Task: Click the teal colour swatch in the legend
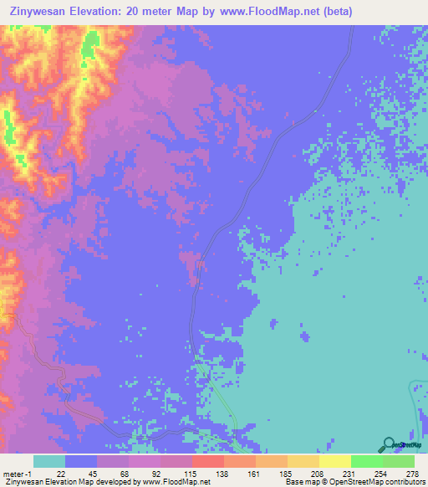pyautogui.click(x=49, y=462)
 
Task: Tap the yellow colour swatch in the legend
pyautogui.click(x=335, y=462)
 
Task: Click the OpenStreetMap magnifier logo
pyautogui.click(x=390, y=443)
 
